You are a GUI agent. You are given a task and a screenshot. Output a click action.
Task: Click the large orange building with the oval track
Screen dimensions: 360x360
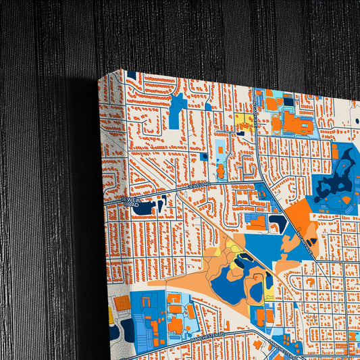296,122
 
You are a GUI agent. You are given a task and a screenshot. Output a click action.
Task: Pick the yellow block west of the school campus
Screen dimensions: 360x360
243,122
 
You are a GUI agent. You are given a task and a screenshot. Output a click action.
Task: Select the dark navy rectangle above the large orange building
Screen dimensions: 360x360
289,102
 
